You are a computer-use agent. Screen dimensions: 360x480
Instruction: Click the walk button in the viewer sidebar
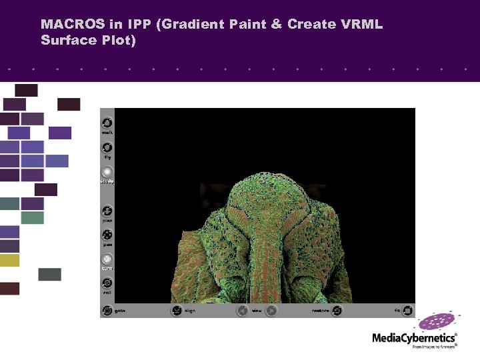107,123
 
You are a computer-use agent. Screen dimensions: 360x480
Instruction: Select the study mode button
107,173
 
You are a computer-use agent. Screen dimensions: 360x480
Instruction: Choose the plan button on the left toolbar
107,211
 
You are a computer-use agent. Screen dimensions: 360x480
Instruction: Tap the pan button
107,235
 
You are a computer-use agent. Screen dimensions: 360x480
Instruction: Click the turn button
107,259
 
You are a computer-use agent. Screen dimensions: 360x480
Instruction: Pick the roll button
107,283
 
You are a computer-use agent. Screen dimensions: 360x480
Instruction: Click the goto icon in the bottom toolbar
107,310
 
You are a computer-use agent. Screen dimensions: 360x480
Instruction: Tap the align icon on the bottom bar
176,310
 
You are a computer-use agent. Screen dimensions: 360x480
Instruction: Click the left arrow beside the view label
243,310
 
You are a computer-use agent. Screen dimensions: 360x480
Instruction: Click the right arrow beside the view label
271,310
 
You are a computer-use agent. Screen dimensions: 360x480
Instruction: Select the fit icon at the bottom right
407,310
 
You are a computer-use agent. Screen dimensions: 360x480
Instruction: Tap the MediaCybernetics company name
413,338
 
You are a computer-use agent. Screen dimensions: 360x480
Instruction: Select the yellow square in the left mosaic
9,260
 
